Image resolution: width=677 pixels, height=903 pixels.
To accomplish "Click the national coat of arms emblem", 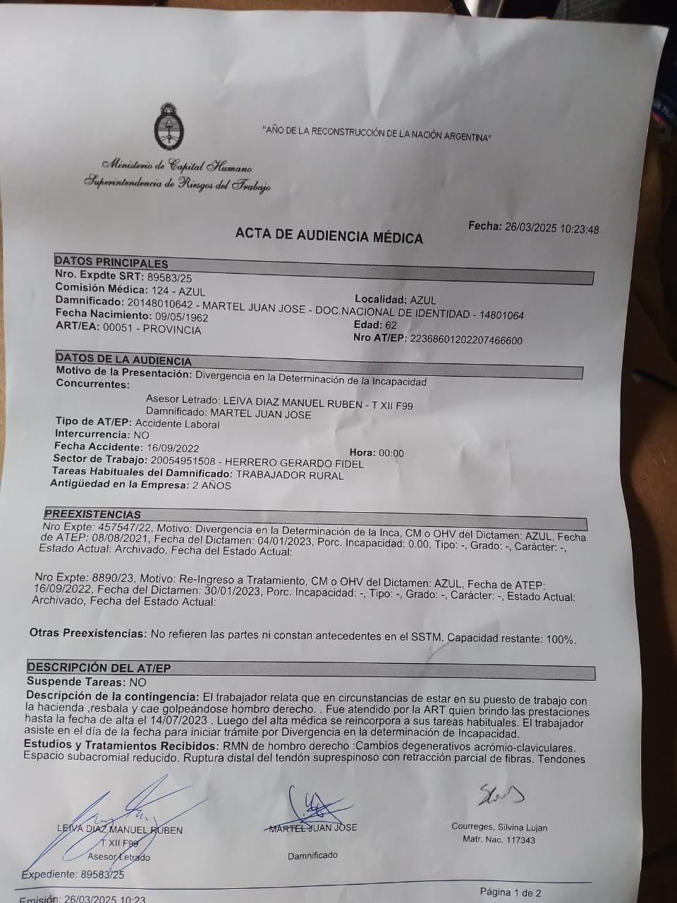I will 169,127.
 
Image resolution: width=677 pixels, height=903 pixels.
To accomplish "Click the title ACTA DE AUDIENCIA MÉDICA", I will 329,236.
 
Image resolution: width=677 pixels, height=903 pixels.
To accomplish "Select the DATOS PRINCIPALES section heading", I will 111,262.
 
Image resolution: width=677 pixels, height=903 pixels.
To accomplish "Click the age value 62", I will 391,325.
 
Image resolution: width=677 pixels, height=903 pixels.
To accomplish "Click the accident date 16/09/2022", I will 173,448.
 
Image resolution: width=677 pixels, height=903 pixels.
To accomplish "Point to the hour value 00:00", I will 391,453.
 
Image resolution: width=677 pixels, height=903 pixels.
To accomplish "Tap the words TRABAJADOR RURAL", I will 289,475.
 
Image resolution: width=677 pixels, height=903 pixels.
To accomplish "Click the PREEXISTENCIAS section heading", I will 92,514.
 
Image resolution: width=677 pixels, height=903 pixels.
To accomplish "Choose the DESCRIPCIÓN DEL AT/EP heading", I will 99,667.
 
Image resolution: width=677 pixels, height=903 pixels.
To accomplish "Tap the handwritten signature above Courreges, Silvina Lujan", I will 501,794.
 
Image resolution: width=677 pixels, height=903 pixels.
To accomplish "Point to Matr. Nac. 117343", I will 499,840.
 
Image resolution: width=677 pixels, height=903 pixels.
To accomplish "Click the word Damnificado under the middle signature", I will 312,855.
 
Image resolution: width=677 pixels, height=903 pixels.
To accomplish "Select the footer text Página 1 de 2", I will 511,892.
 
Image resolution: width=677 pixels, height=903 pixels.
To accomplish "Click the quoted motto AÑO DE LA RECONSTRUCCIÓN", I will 377,133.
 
